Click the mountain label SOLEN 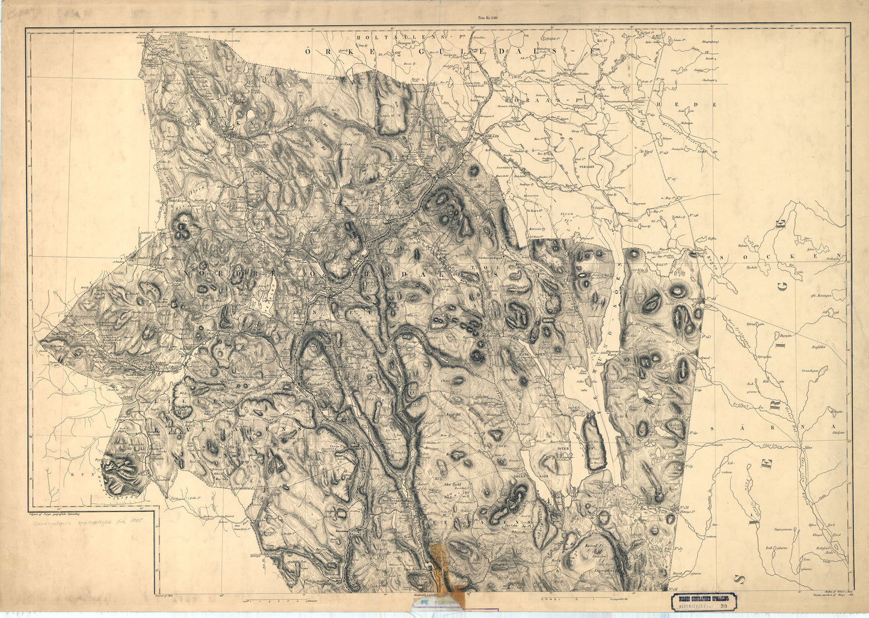[x=521, y=475]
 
